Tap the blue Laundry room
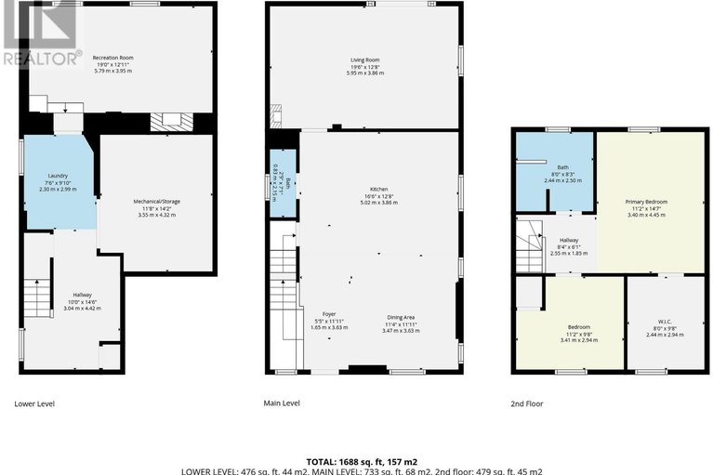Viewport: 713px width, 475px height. click(x=58, y=181)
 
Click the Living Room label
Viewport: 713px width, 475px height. click(x=364, y=60)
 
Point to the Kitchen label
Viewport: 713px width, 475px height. click(x=377, y=189)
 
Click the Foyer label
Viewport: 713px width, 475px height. click(x=329, y=314)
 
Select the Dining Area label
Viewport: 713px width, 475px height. click(x=402, y=317)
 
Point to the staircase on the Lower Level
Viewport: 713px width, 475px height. click(x=35, y=299)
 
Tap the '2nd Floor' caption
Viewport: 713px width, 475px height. click(x=526, y=403)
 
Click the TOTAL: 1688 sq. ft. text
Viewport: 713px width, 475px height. click(x=356, y=460)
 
